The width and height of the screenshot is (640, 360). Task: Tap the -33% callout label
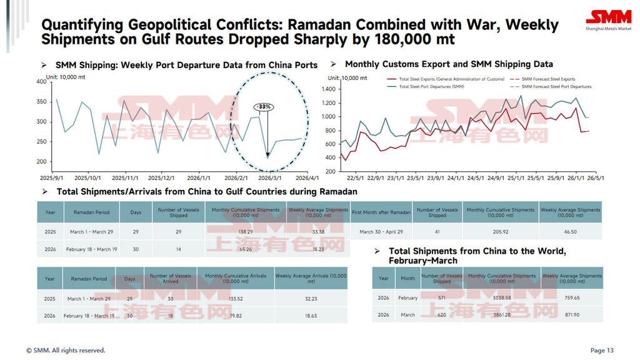click(x=263, y=107)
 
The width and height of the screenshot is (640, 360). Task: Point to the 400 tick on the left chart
click(x=41, y=81)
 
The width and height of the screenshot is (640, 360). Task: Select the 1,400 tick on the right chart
click(x=329, y=89)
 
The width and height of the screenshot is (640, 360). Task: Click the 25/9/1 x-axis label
click(x=556, y=177)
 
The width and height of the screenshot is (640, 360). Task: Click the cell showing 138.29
click(x=246, y=232)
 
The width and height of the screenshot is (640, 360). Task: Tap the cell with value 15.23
click(x=318, y=249)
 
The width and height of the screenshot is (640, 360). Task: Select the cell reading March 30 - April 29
click(x=382, y=232)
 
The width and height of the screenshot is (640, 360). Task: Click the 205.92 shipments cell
click(x=501, y=232)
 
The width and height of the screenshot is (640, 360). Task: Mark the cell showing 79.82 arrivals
click(x=232, y=316)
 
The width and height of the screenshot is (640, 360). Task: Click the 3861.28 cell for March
click(x=501, y=315)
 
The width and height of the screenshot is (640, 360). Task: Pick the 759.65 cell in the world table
click(x=572, y=298)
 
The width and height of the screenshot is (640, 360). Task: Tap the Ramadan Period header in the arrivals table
click(x=89, y=279)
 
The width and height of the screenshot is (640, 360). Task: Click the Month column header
click(x=407, y=279)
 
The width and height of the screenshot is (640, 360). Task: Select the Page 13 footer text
click(x=602, y=351)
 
